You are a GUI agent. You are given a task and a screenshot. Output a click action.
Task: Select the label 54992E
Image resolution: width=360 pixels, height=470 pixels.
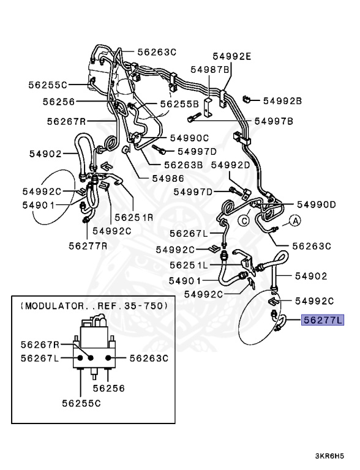click(x=232, y=56)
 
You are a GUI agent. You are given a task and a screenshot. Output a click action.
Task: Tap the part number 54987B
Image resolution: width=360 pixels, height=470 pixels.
click(x=209, y=70)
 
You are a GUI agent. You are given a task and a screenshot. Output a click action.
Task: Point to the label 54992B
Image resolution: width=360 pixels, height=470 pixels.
click(x=283, y=99)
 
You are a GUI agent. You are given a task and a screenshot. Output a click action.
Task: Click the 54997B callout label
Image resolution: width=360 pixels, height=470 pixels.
click(x=274, y=121)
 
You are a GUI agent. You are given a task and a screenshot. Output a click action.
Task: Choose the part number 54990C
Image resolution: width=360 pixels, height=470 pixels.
click(x=189, y=138)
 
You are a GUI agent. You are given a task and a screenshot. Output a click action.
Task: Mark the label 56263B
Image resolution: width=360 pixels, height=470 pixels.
click(x=183, y=164)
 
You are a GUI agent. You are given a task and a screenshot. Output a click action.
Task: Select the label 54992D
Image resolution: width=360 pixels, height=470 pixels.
click(x=231, y=165)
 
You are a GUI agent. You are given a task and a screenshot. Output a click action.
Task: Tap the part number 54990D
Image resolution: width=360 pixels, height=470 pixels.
click(x=317, y=204)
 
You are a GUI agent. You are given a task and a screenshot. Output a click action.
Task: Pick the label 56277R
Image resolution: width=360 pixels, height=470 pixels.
click(x=86, y=245)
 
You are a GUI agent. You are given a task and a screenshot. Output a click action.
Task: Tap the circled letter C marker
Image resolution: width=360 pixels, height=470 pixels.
click(x=243, y=220)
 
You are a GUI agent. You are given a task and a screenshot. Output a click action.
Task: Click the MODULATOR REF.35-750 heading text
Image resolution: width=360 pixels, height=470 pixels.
click(x=92, y=305)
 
